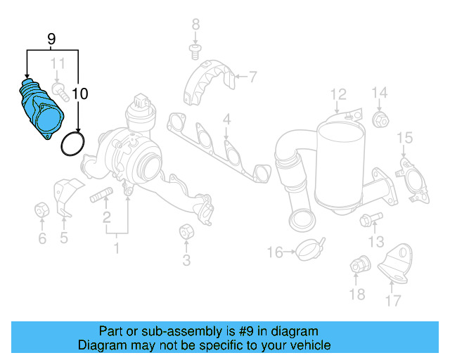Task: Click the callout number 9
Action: [x=51, y=39]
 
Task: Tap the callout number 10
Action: [x=79, y=93]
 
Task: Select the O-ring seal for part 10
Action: [x=72, y=143]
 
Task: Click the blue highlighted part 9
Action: [x=39, y=111]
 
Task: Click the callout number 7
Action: [x=252, y=76]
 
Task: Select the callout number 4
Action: [x=226, y=121]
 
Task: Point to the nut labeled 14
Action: [x=380, y=120]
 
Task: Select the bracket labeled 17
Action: [x=394, y=265]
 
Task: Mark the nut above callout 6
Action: [x=41, y=210]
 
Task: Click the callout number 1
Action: [x=117, y=247]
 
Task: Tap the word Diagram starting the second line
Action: [x=101, y=345]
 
